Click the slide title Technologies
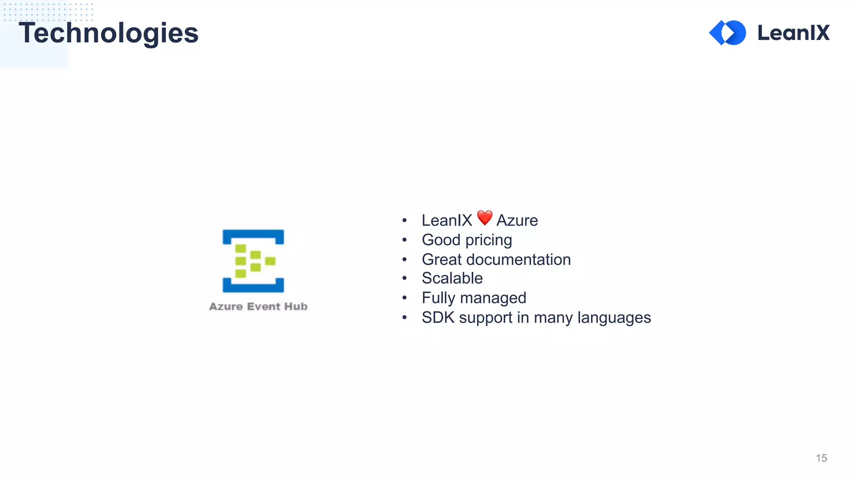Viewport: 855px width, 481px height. [109, 33]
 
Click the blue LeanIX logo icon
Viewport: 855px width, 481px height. [728, 33]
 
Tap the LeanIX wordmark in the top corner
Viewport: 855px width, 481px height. [793, 33]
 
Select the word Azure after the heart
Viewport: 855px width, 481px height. [517, 220]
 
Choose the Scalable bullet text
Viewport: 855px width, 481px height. [452, 278]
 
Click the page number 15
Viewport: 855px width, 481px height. [821, 458]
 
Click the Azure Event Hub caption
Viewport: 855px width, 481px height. [258, 306]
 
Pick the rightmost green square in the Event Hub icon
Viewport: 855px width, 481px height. [270, 261]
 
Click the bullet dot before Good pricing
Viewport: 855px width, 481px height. [404, 240]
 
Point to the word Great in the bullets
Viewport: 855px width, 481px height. [442, 260]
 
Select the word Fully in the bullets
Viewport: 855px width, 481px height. [438, 298]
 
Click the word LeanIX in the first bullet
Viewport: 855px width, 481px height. [447, 220]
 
